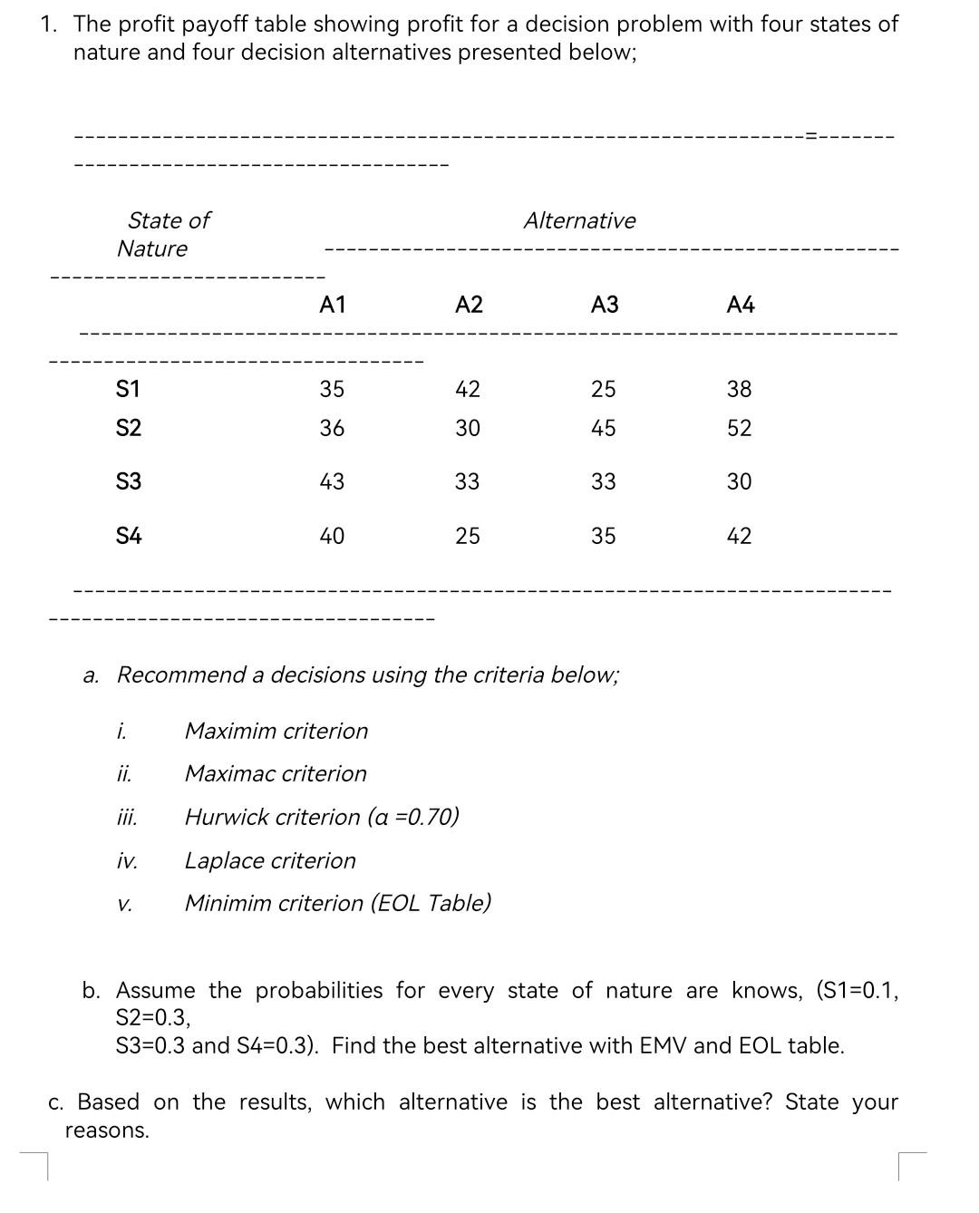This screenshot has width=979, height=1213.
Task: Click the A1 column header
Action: coord(333,306)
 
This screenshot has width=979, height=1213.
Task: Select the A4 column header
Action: coord(741,306)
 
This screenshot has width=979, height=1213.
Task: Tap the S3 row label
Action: coord(129,481)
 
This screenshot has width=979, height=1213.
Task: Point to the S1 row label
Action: coord(129,390)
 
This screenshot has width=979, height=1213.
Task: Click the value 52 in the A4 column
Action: coord(740,429)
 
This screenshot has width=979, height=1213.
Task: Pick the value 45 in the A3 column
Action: coord(604,429)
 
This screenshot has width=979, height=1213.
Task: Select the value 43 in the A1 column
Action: coord(332,481)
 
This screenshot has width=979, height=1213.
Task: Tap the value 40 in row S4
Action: coord(332,537)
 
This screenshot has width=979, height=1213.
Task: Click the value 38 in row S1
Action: coord(740,390)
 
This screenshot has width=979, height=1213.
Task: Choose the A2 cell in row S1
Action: coord(468,390)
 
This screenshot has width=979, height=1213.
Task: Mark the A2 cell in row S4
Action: coord(468,537)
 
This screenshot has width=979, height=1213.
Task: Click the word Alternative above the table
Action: coord(579,220)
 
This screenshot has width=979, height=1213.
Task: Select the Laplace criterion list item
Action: coord(270,860)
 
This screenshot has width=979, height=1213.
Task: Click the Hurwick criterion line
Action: coord(322,817)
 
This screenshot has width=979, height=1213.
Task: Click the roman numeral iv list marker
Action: coord(127,861)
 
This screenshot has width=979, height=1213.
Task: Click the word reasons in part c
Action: coord(106,1131)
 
